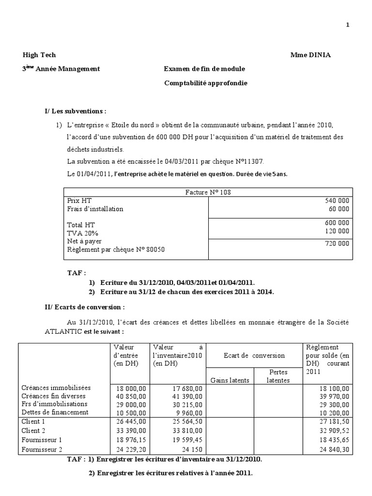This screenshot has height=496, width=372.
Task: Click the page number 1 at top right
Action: (360, 26)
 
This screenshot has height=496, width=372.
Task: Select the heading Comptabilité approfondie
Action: (205, 83)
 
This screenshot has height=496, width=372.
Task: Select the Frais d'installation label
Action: (95, 209)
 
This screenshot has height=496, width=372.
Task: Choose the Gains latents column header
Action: (230, 380)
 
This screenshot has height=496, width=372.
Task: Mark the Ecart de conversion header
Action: (254, 356)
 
